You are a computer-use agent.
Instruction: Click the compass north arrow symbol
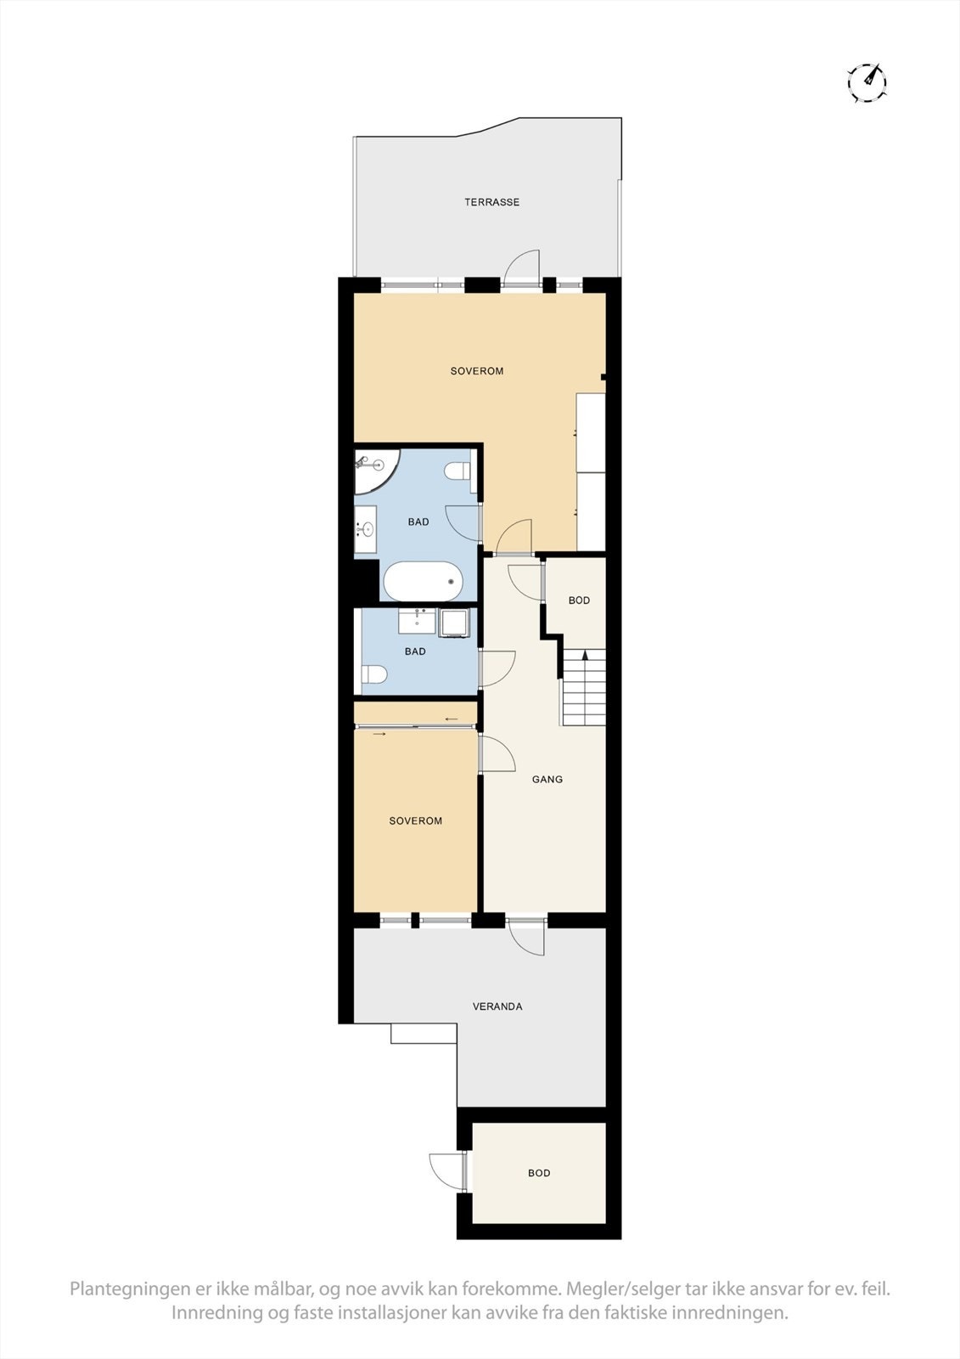tap(867, 82)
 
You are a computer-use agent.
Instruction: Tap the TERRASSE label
tap(491, 202)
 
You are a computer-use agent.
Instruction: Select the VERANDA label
tap(497, 1007)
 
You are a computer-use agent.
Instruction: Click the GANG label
tap(547, 779)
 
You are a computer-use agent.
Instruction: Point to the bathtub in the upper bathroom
tap(424, 582)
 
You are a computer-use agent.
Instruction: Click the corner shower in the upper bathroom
tap(371, 469)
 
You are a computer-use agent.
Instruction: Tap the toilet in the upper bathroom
tap(458, 470)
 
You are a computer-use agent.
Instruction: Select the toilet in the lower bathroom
tap(374, 675)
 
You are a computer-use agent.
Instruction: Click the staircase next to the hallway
tap(584, 687)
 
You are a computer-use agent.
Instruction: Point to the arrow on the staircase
tap(585, 655)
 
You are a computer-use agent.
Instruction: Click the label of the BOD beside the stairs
tap(579, 601)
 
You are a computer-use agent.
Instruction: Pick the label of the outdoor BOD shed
tap(539, 1173)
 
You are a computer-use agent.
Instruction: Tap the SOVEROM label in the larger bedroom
tap(477, 371)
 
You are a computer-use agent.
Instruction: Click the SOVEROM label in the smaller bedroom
tap(416, 820)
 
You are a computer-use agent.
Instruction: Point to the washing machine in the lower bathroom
tap(452, 623)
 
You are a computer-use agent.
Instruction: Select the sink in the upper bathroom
tap(367, 529)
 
